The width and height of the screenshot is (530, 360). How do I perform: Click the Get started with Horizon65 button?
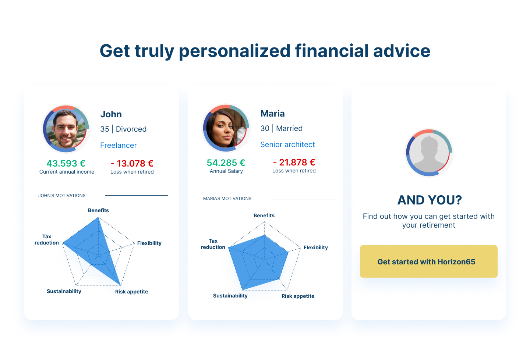point(428,261)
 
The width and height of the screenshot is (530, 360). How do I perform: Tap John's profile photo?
point(66,129)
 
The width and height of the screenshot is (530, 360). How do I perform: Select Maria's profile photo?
point(226,128)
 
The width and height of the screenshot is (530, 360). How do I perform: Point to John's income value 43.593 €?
point(66,163)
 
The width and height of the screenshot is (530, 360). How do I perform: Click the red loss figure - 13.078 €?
point(132,163)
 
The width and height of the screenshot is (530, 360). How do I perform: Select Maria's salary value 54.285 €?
point(226,163)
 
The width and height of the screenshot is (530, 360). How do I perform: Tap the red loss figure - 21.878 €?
point(294,162)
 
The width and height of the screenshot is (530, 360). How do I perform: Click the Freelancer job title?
point(118,145)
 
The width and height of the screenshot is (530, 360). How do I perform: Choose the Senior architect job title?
point(287,145)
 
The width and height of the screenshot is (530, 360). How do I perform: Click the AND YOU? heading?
point(430,200)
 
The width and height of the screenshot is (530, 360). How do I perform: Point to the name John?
point(111,114)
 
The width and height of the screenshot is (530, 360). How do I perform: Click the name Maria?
point(272,114)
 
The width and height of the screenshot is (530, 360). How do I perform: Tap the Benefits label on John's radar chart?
point(98,210)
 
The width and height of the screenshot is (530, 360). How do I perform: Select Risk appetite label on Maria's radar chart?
point(298,296)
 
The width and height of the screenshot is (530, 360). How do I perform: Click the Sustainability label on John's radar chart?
point(64,291)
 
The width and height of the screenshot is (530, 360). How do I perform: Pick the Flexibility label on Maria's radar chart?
point(316,247)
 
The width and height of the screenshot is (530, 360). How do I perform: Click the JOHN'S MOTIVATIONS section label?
point(62,196)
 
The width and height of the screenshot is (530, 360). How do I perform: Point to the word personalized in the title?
point(234,51)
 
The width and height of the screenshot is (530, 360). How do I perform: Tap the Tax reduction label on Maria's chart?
point(213,244)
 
